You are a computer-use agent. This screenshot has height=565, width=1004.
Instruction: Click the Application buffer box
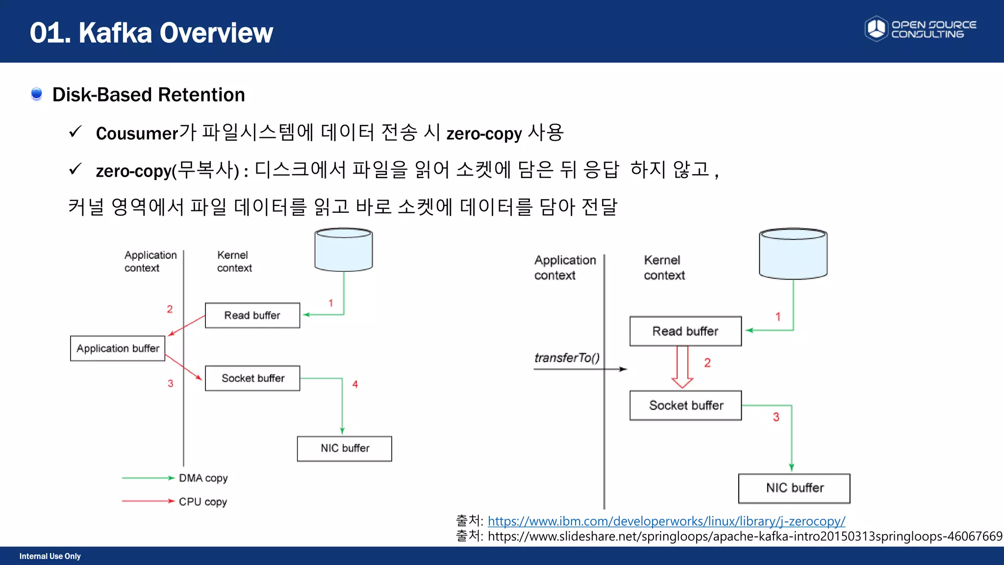pyautogui.click(x=118, y=348)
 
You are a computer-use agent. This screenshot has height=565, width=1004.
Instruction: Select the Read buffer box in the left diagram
pyautogui.click(x=252, y=315)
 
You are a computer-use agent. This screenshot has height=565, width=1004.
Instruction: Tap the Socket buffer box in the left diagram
pyautogui.click(x=252, y=378)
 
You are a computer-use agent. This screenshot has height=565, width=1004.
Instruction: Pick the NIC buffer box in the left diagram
pyautogui.click(x=345, y=448)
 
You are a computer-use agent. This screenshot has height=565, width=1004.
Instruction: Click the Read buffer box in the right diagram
pyautogui.click(x=685, y=331)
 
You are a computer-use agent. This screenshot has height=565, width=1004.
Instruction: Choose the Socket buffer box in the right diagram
pyautogui.click(x=685, y=405)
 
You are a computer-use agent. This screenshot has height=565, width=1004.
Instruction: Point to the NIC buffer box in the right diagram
pyautogui.click(x=794, y=488)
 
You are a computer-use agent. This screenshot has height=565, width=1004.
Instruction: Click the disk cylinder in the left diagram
pyautogui.click(x=343, y=250)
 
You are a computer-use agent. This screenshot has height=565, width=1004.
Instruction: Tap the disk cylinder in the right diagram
pyautogui.click(x=793, y=254)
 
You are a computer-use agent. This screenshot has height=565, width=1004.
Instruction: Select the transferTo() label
pyautogui.click(x=567, y=358)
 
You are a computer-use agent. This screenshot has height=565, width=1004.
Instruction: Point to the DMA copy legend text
pyautogui.click(x=203, y=478)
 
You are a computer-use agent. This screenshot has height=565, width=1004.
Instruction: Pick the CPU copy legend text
pyautogui.click(x=202, y=502)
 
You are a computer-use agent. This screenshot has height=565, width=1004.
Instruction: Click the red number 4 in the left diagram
pyautogui.click(x=355, y=385)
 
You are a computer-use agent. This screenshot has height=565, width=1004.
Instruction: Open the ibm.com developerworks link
pyautogui.click(x=666, y=521)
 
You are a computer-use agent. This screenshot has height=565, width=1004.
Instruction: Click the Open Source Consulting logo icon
pyautogui.click(x=876, y=28)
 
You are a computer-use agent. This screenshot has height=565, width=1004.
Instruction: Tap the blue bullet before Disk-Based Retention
pyautogui.click(x=36, y=94)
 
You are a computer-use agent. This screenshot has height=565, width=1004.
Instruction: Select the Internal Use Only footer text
pyautogui.click(x=50, y=556)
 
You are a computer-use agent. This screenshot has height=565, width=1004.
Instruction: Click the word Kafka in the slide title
pyautogui.click(x=115, y=33)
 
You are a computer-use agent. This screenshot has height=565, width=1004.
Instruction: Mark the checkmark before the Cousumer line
pyautogui.click(x=75, y=132)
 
